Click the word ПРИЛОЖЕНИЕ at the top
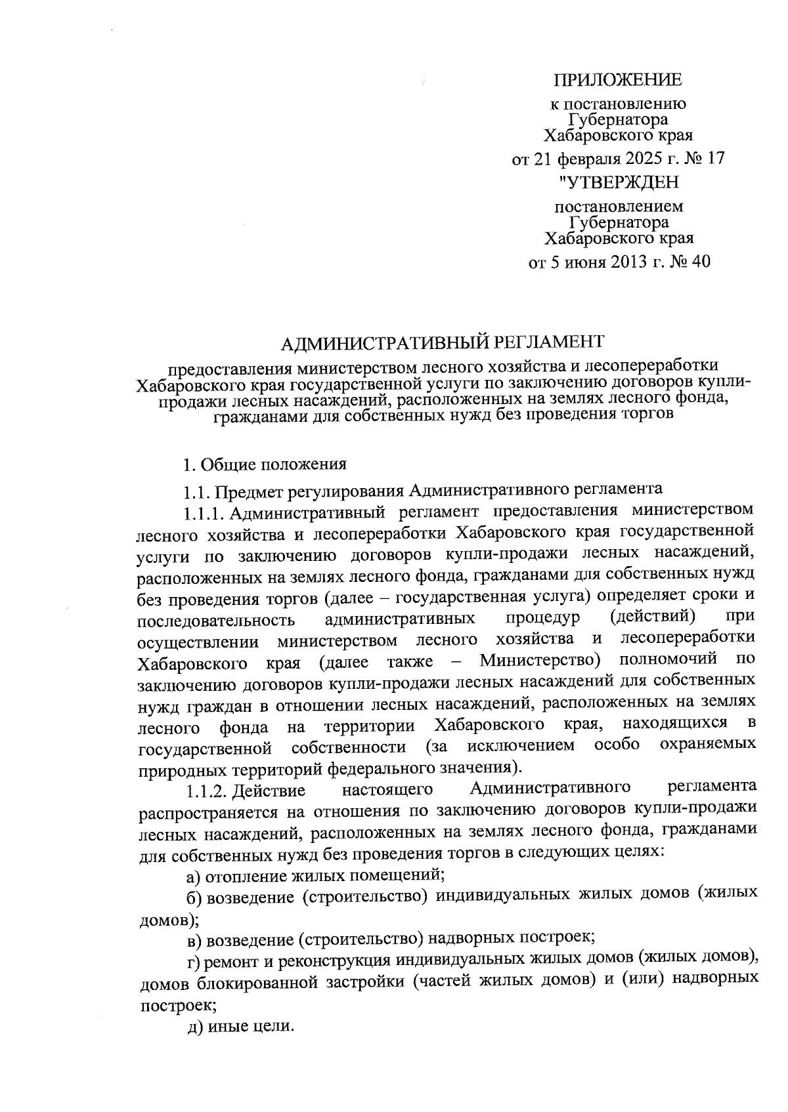618,81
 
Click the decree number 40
699,262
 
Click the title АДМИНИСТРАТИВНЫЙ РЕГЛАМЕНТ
441,342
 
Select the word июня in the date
582,262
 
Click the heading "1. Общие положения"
264,464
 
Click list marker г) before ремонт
193,962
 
